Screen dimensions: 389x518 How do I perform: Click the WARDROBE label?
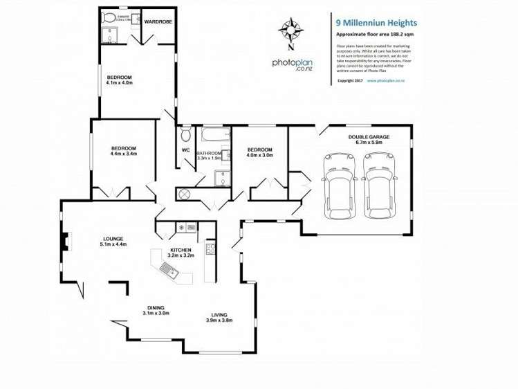click(158, 22)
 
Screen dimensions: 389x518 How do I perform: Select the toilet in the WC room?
click(185, 133)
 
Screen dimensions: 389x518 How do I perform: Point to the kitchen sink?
click(169, 269)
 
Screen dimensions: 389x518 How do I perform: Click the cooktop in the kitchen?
click(210, 248)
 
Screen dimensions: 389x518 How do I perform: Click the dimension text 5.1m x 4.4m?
click(113, 244)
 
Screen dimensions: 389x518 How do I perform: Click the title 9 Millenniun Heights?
click(376, 23)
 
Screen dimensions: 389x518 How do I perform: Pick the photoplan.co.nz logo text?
click(294, 64)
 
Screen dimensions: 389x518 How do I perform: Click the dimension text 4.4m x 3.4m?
click(124, 154)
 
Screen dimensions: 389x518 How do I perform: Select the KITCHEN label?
click(182, 249)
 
